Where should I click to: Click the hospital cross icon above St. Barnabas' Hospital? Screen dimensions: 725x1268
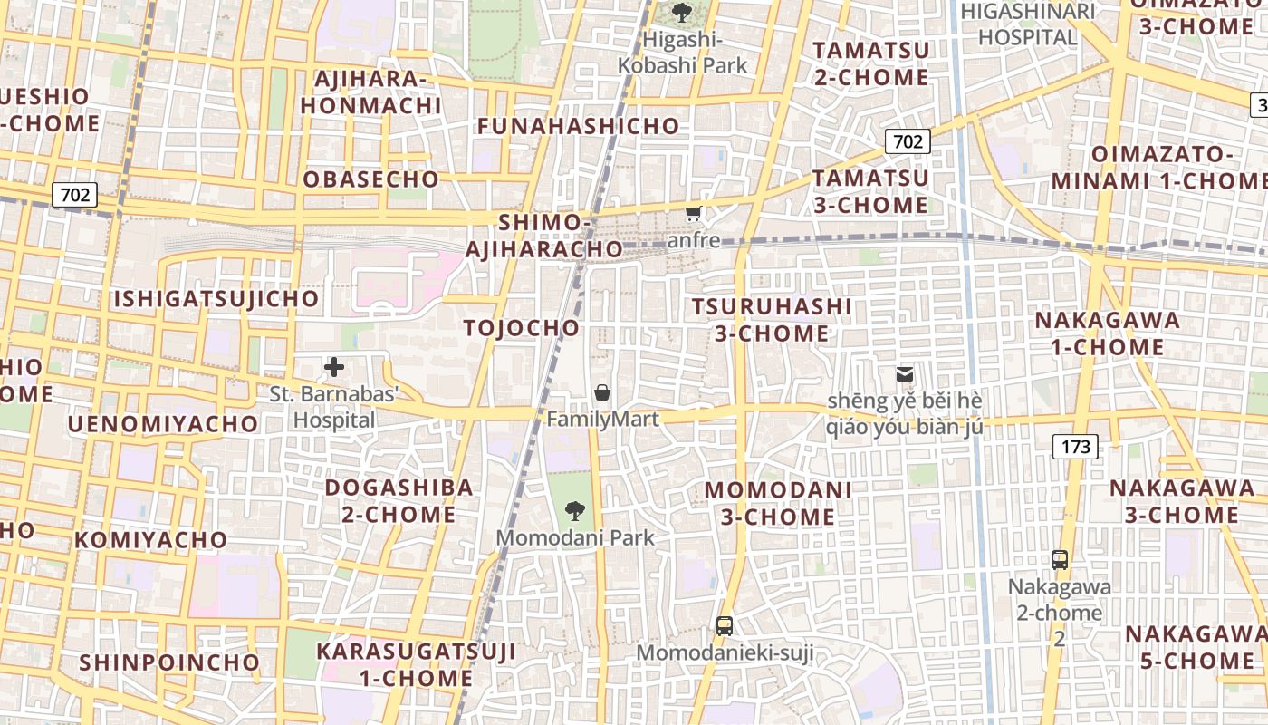[x=334, y=367]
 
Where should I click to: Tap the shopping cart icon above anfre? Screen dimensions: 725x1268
[x=694, y=214]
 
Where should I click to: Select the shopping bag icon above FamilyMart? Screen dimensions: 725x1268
[x=602, y=392]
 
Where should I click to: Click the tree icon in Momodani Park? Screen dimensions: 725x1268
[x=574, y=510]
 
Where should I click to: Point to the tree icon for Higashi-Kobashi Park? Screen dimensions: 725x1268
[x=682, y=13]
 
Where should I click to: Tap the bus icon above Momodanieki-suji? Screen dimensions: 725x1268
[x=725, y=625]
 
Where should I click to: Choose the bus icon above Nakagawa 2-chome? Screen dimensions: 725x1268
[x=1060, y=559]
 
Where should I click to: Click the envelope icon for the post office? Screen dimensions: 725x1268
[x=904, y=373]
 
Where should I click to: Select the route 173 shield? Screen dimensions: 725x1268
[x=1075, y=446]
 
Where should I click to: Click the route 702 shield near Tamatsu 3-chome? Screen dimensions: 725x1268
[x=907, y=140]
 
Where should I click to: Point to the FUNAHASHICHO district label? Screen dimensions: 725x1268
[x=578, y=126]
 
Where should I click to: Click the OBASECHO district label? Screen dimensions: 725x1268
[x=370, y=179]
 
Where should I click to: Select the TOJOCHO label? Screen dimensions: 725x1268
[x=521, y=327]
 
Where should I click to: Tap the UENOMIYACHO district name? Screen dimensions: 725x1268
[x=162, y=423]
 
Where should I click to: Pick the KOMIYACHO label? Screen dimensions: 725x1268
[x=151, y=539]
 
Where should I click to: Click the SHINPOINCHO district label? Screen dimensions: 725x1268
[x=169, y=662]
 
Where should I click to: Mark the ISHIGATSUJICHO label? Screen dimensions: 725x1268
[x=216, y=298]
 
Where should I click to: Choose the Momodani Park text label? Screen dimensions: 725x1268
[x=574, y=537]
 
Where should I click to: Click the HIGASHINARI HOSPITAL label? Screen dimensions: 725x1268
[x=1027, y=24]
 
